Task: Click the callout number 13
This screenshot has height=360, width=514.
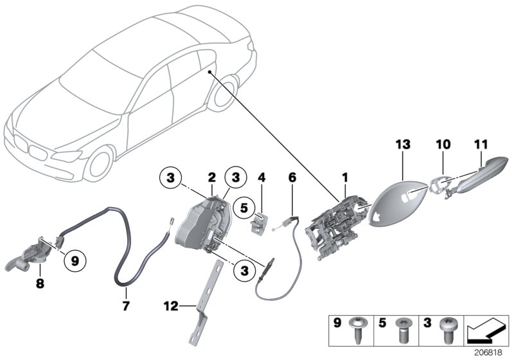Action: pyautogui.click(x=402, y=147)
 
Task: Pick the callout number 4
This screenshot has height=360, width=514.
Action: pyautogui.click(x=261, y=176)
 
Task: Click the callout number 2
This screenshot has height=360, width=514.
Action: pyautogui.click(x=211, y=176)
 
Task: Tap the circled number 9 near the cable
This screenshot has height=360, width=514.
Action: pyautogui.click(x=75, y=261)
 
